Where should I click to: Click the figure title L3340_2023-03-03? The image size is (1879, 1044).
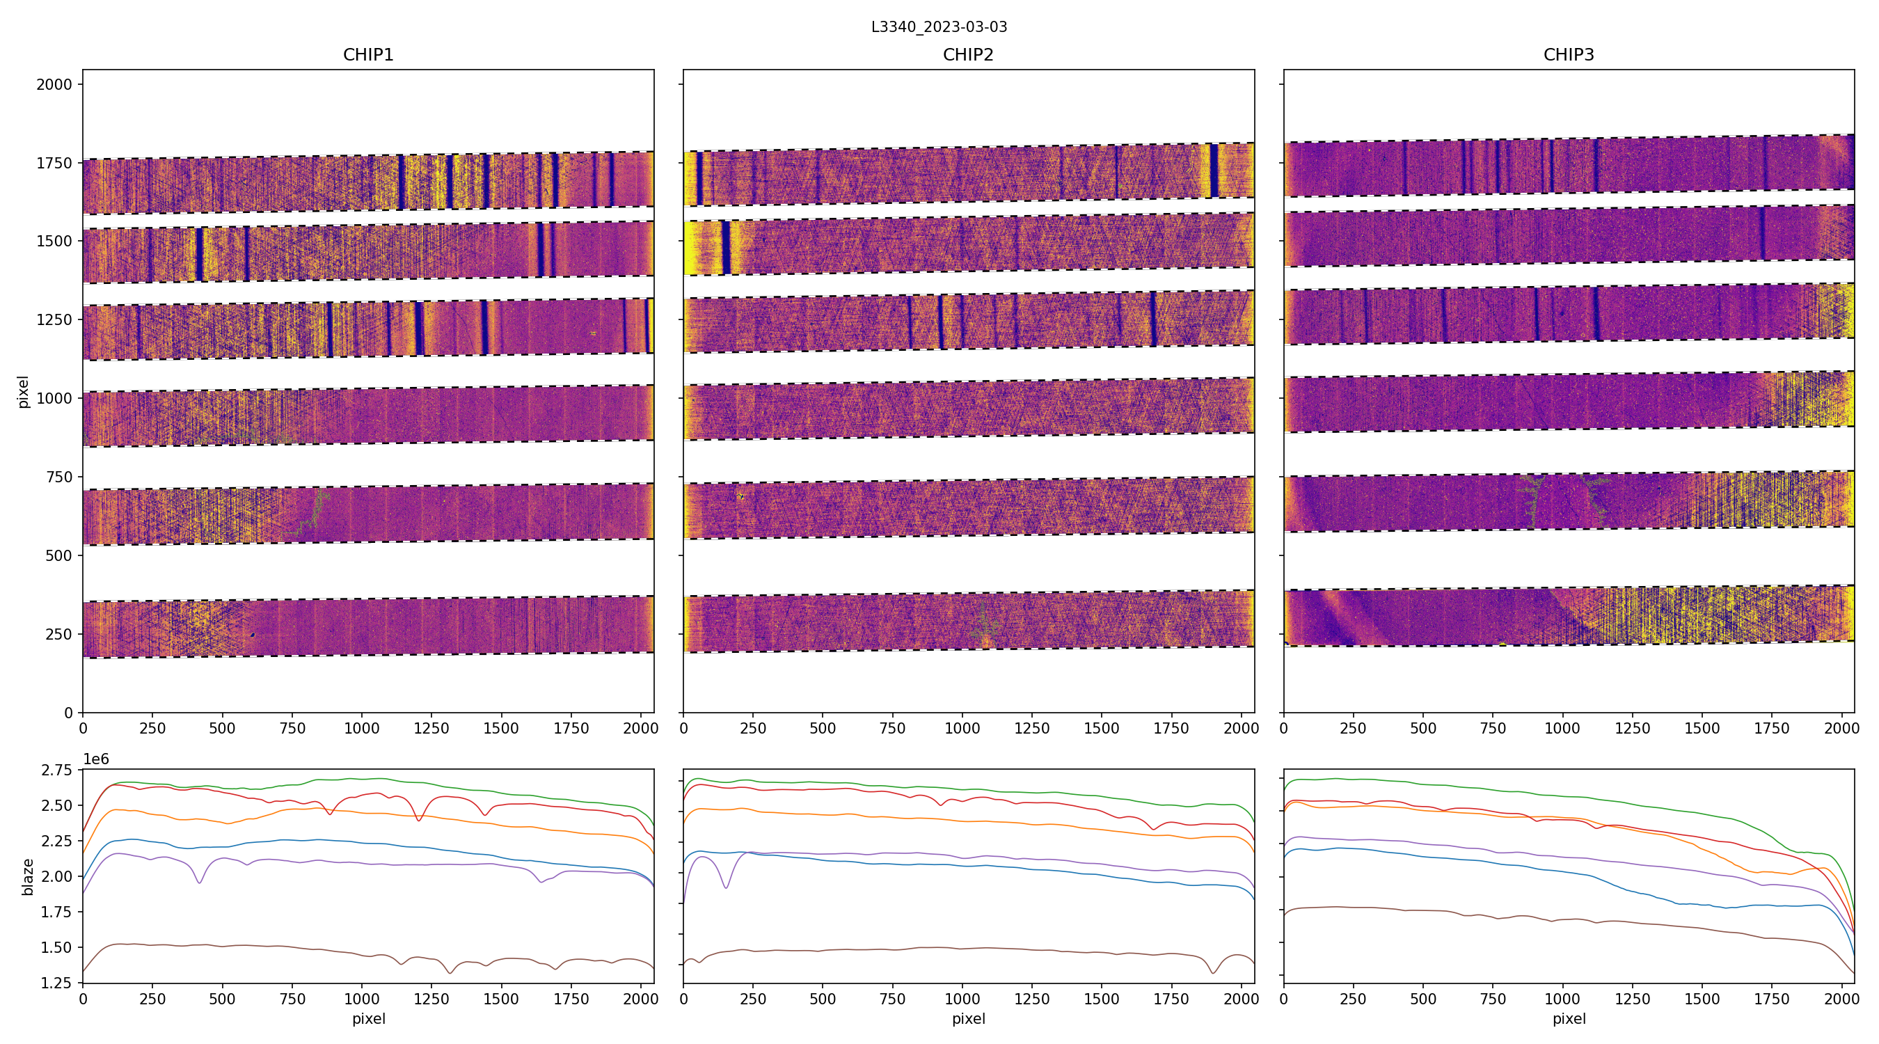pos(939,27)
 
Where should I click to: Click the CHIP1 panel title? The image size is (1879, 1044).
pos(368,55)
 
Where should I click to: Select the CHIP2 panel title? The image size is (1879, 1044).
pos(968,55)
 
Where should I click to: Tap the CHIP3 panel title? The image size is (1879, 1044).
pos(1568,55)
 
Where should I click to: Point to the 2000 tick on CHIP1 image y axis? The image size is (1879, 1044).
pos(55,85)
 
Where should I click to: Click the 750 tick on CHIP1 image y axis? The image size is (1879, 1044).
pos(59,477)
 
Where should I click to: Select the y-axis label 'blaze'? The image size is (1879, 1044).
pos(28,876)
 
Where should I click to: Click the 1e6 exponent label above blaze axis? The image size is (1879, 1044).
pos(95,759)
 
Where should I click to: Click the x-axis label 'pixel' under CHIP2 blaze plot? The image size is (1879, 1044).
pos(968,1018)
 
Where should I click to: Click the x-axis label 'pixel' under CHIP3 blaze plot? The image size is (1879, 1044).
pos(1568,1018)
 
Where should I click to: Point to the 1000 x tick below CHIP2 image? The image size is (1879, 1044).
pos(962,728)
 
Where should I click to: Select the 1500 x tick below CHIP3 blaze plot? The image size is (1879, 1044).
pos(1702,999)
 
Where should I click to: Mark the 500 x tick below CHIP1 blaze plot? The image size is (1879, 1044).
pos(223,999)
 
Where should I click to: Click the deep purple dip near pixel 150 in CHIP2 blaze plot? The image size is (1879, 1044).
pos(726,887)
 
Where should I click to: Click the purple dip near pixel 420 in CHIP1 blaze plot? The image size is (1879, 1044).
pos(200,883)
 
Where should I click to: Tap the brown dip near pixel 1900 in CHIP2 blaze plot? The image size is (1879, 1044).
pos(1213,972)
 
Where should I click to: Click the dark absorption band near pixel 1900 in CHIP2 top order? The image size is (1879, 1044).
pos(1214,171)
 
